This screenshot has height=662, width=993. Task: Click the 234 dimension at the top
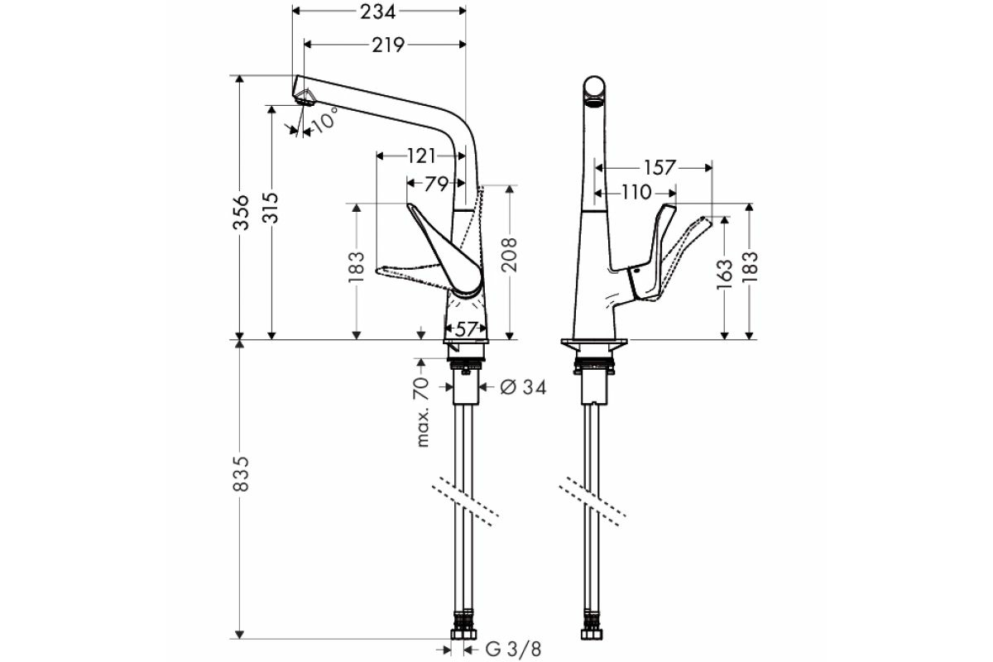pyautogui.click(x=377, y=12)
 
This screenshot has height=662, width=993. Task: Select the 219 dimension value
pyautogui.click(x=388, y=45)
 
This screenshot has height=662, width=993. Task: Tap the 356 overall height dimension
pyautogui.click(x=242, y=212)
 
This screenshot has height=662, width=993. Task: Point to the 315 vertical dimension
pyautogui.click(x=271, y=208)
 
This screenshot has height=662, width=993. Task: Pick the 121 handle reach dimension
pyautogui.click(x=421, y=156)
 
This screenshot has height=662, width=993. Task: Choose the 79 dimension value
pyautogui.click(x=436, y=183)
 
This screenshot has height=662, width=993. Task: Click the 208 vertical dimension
pyautogui.click(x=509, y=254)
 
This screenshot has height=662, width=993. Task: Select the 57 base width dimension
pyautogui.click(x=466, y=329)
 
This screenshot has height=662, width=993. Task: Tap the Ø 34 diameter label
pyautogui.click(x=523, y=387)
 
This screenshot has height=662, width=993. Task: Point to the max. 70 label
pyautogui.click(x=424, y=412)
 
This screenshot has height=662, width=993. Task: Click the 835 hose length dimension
pyautogui.click(x=242, y=473)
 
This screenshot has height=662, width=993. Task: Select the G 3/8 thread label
pyautogui.click(x=514, y=650)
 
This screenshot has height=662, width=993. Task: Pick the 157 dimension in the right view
pyautogui.click(x=660, y=168)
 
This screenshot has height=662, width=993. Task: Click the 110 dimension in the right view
pyautogui.click(x=636, y=193)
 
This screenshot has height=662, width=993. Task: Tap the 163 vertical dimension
pyautogui.click(x=724, y=274)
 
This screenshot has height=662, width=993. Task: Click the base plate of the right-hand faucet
pyautogui.click(x=594, y=343)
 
